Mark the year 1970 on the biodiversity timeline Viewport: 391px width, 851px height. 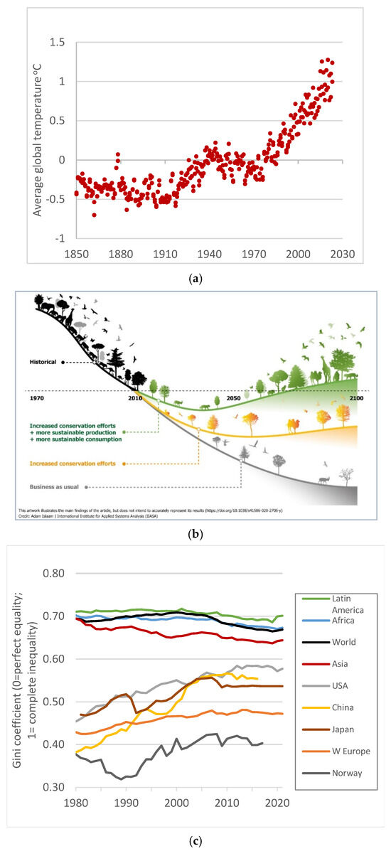point(37,398)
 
